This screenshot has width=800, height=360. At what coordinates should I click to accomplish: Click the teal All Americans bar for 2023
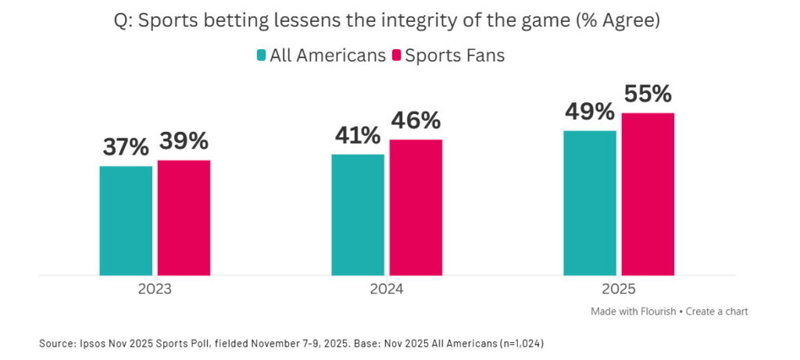point(126,220)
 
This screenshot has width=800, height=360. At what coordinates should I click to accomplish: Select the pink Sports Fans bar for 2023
point(184,217)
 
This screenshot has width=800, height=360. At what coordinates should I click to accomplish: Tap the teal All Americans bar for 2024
point(358,215)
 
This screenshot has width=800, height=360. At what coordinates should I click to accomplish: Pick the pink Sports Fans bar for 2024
point(416,207)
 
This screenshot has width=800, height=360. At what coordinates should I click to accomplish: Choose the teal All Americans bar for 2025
point(590,203)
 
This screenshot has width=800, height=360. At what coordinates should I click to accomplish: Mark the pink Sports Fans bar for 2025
point(648,194)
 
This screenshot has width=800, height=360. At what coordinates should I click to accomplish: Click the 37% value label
point(126,147)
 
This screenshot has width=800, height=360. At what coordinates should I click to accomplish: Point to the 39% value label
point(184,141)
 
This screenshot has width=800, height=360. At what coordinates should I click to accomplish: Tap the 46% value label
point(415,120)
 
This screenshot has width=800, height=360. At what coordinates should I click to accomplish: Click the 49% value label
point(590,112)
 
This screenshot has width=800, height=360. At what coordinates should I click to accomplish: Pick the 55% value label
point(648,94)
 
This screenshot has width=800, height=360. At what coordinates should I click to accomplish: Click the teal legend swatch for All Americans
point(261,56)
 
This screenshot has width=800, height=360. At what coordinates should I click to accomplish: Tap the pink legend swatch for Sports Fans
point(396,56)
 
